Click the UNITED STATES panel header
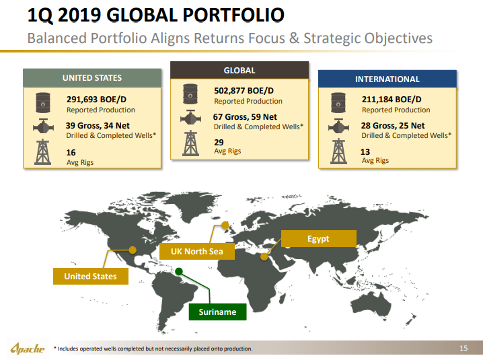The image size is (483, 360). click(92, 78)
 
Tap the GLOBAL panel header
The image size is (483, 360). click(239, 70)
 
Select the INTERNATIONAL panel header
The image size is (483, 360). click(387, 79)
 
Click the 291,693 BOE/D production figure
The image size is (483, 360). click(96, 99)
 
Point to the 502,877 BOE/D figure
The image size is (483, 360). click(244, 91)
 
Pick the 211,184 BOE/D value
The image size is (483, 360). click(392, 99)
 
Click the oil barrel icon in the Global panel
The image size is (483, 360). click(190, 94)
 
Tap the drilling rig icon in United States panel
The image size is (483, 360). click(43, 151)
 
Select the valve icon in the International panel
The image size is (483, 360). click(338, 126)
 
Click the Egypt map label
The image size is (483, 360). click(318, 239)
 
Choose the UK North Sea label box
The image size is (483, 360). click(197, 251)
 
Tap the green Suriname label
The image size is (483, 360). click(217, 312)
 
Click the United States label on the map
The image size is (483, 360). click(91, 276)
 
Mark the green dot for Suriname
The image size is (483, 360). click(179, 272)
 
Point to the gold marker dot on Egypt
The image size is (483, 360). click(264, 256)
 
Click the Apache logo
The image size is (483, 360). click(28, 349)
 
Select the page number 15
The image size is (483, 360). click(463, 348)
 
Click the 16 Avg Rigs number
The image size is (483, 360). click(71, 153)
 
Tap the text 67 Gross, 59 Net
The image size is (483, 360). click(245, 117)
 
